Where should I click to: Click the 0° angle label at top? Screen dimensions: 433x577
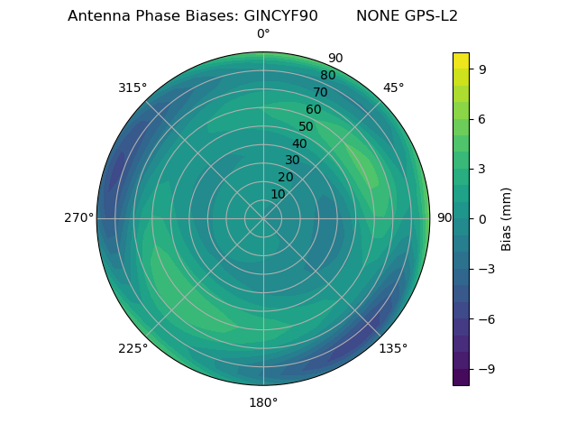tap(263, 34)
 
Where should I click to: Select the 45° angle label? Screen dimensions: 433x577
tap(393, 88)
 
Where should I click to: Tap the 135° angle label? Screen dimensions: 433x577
tap(393, 348)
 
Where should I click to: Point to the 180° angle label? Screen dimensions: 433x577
tap(263, 402)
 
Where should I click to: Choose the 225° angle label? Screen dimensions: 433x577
tap(133, 348)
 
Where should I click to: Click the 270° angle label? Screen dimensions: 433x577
tap(78, 218)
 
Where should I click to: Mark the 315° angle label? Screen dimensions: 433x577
tap(133, 88)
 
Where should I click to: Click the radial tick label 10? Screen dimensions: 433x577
tap(278, 194)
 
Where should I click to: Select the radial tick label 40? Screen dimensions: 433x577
tap(299, 143)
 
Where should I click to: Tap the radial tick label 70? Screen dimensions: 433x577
tap(320, 92)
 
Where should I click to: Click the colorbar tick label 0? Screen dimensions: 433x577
tap(481, 218)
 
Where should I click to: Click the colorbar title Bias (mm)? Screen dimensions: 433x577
tap(507, 218)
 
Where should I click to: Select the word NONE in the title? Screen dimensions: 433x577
tap(376, 16)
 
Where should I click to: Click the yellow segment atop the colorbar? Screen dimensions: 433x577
tap(461, 60)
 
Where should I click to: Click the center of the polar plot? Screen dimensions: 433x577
tap(263, 218)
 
